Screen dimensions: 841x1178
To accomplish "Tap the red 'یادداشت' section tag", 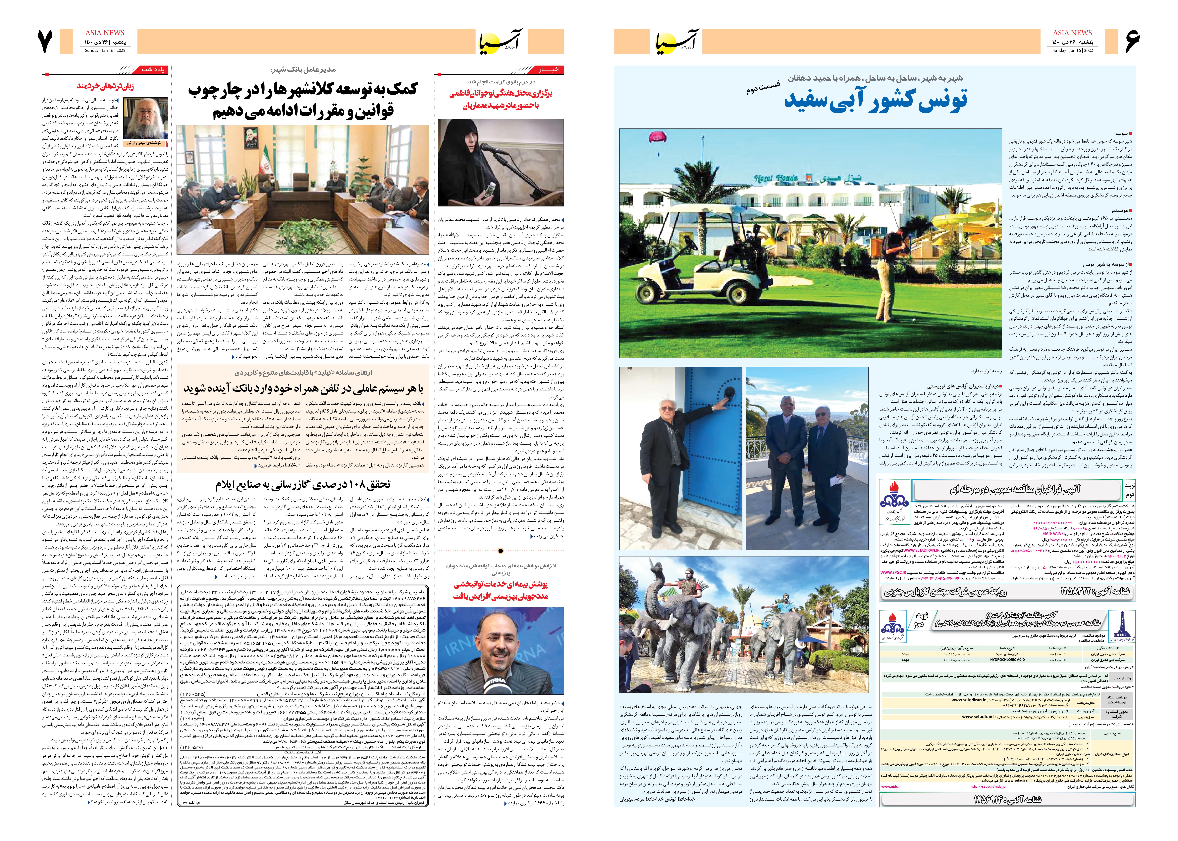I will click(x=154, y=69).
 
